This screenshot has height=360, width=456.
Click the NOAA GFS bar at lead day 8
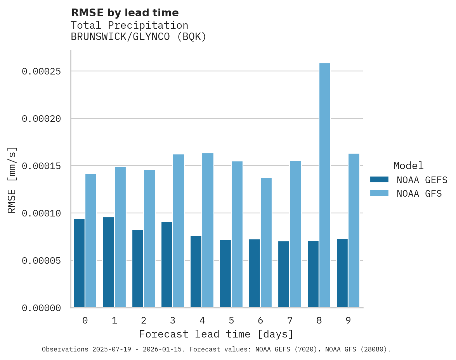[324, 185]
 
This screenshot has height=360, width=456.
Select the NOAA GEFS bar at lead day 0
[79, 263]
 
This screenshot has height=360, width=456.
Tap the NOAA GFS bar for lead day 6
[266, 243]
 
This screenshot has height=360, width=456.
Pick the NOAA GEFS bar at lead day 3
[167, 265]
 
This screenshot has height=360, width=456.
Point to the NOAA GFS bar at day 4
[208, 230]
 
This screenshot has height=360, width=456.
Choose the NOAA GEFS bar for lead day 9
[342, 273]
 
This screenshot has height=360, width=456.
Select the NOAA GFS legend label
[419, 194]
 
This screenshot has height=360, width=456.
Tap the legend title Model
[408, 166]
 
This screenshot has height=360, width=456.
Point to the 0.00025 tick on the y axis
[42, 72]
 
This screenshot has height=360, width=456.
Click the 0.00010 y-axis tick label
[42, 213]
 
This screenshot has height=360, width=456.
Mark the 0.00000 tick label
[42, 308]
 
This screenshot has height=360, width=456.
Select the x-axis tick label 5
[231, 321]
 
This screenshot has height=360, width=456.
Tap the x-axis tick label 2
[144, 321]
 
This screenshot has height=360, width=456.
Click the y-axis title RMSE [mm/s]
[12, 180]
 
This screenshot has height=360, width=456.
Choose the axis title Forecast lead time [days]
[216, 334]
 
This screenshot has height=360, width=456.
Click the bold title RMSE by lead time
[125, 13]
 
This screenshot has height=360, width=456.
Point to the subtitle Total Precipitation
[130, 25]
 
